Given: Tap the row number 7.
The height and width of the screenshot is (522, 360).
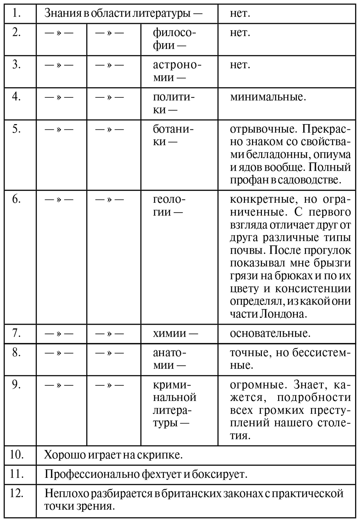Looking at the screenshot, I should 16,333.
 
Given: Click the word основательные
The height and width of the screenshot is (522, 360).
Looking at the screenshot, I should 270,333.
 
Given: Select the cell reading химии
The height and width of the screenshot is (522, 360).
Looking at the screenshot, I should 175,333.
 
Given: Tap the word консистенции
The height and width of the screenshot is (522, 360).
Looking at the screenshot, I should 313,289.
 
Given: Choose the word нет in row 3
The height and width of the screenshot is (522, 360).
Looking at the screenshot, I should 240,65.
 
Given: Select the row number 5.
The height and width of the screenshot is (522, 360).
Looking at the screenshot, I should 16,129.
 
